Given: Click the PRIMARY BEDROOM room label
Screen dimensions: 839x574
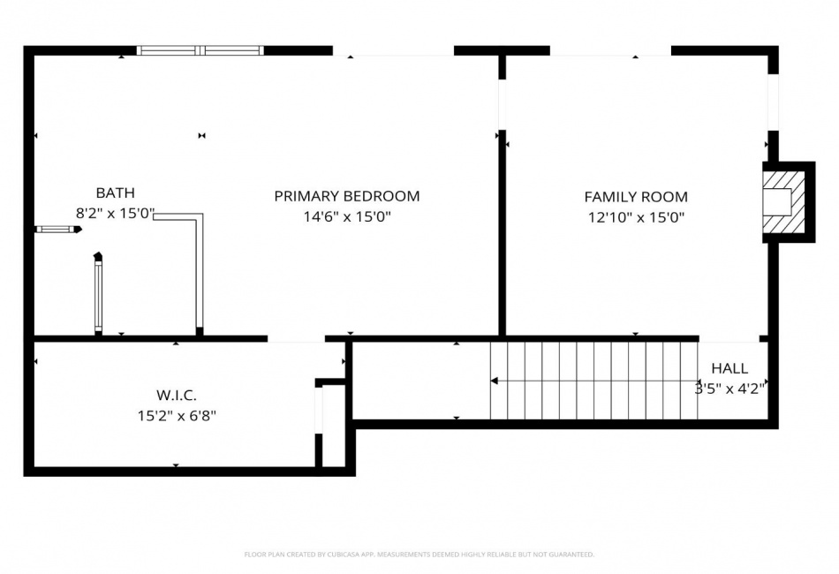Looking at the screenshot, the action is click(347, 196).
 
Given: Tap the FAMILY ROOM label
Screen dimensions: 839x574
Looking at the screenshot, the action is click(636, 197).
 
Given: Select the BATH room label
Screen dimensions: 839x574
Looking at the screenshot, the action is click(115, 193).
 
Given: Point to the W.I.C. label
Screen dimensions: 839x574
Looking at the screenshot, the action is click(177, 396).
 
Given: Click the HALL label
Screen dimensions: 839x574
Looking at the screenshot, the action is click(729, 368).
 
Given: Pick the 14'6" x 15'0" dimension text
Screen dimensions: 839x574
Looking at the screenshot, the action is click(347, 216).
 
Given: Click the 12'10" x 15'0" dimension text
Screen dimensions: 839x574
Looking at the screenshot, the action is click(636, 217).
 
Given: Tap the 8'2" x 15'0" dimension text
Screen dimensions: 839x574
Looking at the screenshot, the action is click(115, 214).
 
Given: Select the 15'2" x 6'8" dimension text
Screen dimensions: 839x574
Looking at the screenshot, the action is click(177, 416).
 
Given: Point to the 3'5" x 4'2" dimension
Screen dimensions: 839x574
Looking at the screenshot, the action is click(729, 389).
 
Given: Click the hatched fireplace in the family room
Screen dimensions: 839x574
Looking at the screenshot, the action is click(784, 201).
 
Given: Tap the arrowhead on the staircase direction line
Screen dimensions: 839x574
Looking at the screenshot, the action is click(495, 381).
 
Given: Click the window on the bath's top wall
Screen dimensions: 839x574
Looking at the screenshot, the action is click(200, 51).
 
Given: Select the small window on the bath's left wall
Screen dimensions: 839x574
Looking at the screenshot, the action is click(57, 230).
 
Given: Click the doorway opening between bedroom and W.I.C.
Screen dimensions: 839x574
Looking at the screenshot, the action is click(297, 338).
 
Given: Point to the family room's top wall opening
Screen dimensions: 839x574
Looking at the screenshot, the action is click(610, 51).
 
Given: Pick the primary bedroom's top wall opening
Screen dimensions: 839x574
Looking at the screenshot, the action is click(393, 51).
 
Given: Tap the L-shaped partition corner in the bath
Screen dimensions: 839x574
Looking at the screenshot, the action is click(200, 216).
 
